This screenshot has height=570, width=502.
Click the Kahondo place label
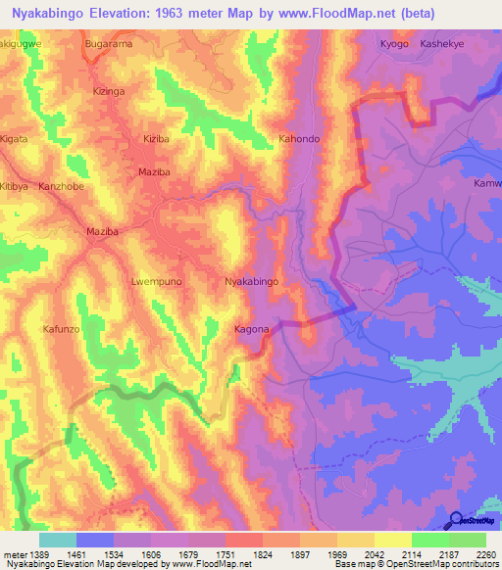(299, 139)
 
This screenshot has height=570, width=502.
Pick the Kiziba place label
(157, 139)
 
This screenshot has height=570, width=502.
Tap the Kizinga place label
(109, 91)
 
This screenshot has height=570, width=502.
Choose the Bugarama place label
(109, 45)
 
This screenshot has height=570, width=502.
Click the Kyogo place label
(393, 45)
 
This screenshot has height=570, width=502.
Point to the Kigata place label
(14, 139)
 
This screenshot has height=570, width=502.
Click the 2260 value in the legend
(485, 553)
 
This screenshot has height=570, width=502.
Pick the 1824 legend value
(262, 553)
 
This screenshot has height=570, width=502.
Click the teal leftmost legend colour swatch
(57, 540)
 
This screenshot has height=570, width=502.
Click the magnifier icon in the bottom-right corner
(456, 520)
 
